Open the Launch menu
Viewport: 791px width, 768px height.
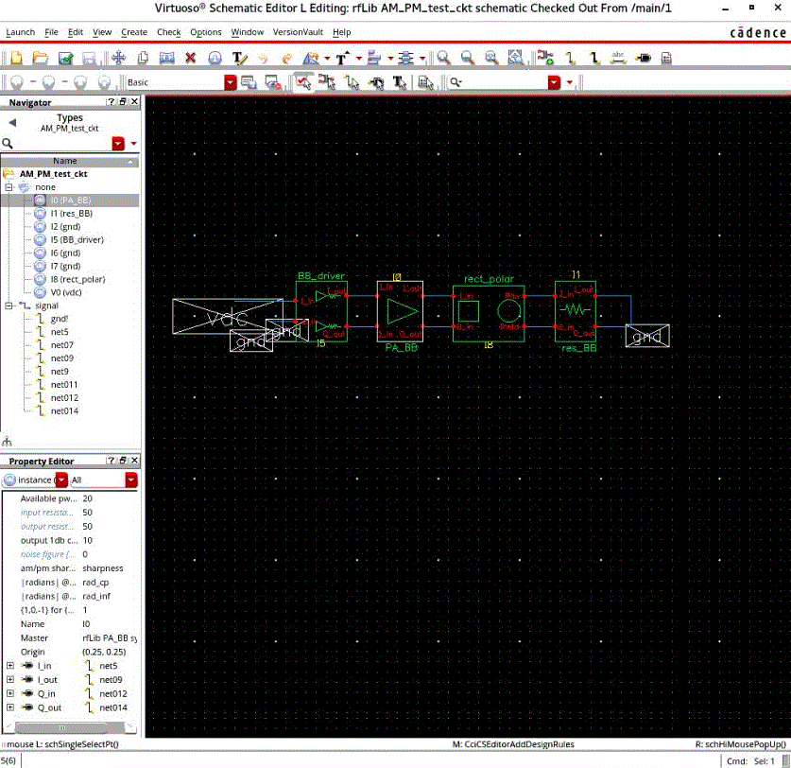[x=20, y=32]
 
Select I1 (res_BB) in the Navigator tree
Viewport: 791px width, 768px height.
[x=71, y=214]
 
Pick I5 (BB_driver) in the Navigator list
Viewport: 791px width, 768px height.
[x=77, y=240]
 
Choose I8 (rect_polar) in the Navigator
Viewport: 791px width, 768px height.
[x=77, y=280]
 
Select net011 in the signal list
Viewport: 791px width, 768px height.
[x=64, y=385]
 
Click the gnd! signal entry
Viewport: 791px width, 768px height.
[x=59, y=319]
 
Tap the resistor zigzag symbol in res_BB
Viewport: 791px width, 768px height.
[x=575, y=310]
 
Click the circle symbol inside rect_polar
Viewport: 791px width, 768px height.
[x=508, y=311]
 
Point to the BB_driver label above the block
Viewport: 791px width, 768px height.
[x=321, y=276]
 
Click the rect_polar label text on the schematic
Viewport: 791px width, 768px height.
[x=488, y=280]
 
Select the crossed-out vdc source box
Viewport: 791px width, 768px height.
[x=227, y=315]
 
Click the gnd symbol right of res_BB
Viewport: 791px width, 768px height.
[x=649, y=336]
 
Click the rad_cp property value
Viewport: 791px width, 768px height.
[x=96, y=583]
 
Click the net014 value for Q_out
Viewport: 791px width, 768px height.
[x=113, y=707]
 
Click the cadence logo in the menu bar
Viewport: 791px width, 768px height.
[x=757, y=32]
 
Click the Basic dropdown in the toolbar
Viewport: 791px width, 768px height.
[x=181, y=83]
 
